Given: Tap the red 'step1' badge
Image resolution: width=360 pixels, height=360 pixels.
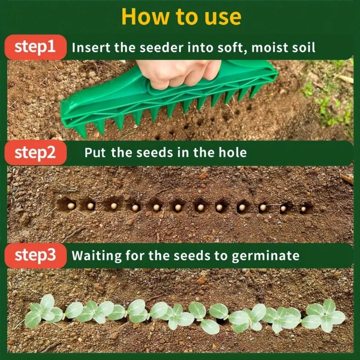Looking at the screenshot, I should point(35,47).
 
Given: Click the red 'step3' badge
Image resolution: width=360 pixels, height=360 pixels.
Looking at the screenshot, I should point(35,255).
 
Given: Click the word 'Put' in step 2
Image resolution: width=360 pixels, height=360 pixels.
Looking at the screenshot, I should point(95,153).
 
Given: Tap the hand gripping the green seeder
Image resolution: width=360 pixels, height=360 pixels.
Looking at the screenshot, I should point(178,73).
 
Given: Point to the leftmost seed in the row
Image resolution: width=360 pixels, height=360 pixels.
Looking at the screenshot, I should point(71,206).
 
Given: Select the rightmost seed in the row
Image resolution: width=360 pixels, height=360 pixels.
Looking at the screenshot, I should point(303,209).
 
